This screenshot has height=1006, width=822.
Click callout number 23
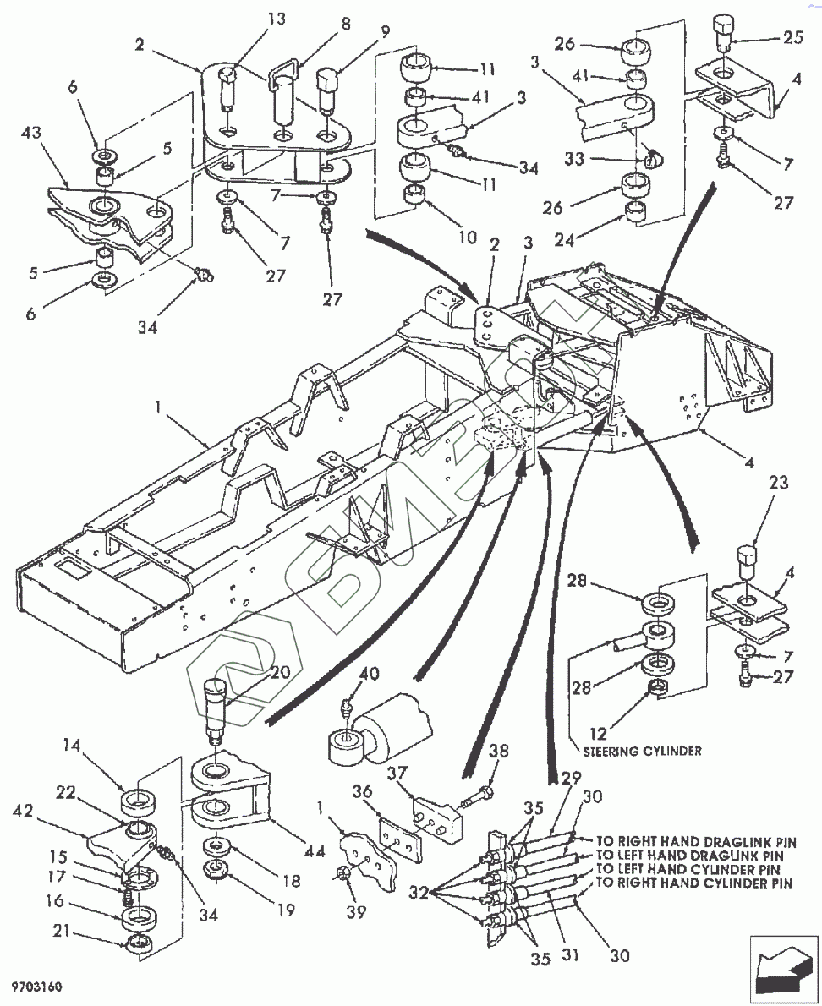pyautogui.click(x=778, y=484)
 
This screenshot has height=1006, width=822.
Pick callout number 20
pyautogui.click(x=279, y=672)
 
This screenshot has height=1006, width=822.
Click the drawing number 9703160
pyautogui.click(x=37, y=987)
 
